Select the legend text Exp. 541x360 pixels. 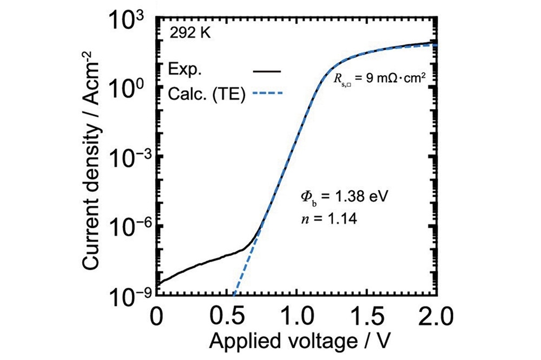(x=184, y=71)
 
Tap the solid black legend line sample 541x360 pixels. (x=267, y=71)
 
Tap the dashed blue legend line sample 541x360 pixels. (x=267, y=95)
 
